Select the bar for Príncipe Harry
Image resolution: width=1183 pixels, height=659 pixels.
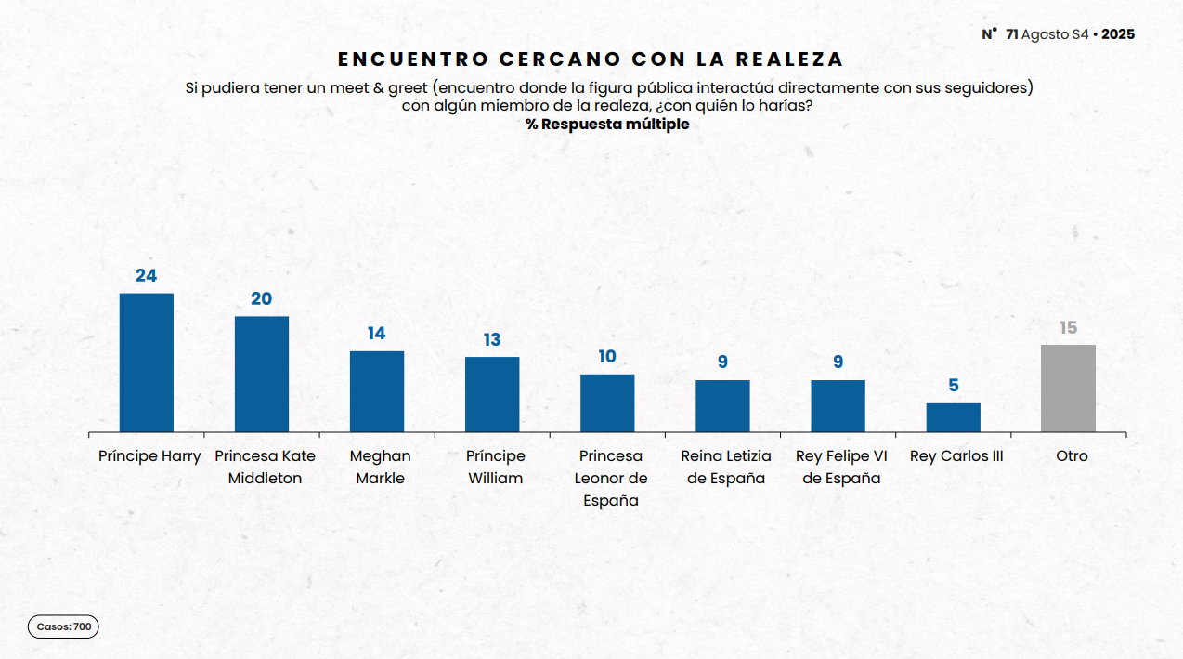click(147, 362)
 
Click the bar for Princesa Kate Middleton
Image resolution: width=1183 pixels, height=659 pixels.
click(262, 374)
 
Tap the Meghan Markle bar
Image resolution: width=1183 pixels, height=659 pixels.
click(377, 391)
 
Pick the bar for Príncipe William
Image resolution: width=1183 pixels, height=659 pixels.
click(492, 394)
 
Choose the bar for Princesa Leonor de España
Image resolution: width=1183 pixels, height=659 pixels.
click(607, 403)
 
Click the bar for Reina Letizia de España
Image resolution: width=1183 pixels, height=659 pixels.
click(722, 406)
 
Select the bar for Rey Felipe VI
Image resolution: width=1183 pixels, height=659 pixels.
click(838, 406)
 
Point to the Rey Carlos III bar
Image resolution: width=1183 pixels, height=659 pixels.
click(953, 417)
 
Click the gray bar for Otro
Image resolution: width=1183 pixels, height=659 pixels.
click(1068, 389)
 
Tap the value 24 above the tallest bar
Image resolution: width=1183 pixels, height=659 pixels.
click(146, 275)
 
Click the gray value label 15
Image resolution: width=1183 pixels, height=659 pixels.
click(1068, 328)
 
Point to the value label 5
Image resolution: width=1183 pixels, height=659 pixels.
click(954, 386)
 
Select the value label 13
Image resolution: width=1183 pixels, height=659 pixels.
click(492, 340)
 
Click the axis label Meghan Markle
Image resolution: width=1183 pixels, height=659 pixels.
click(380, 467)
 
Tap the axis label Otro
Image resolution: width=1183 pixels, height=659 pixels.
click(1072, 456)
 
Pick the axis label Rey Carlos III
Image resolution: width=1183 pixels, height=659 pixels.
click(956, 456)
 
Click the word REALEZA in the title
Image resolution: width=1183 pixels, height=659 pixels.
click(789, 59)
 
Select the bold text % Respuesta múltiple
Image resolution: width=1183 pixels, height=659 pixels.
click(607, 124)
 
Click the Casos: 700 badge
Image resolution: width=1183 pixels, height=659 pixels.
click(63, 627)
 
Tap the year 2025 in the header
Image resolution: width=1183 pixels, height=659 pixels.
click(1118, 34)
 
